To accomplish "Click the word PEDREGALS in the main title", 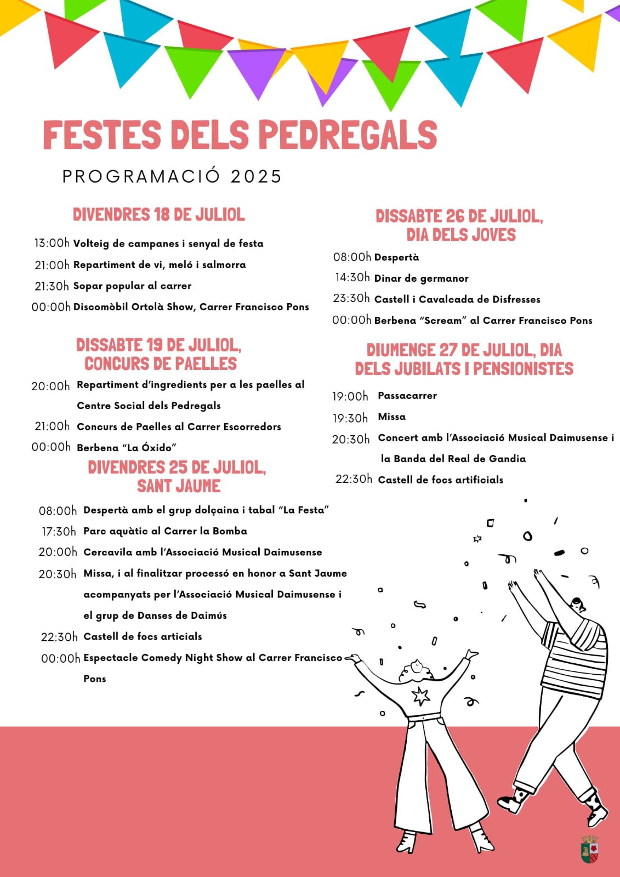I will pyautogui.click(x=347, y=135).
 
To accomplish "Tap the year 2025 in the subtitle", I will pyautogui.click(x=256, y=176).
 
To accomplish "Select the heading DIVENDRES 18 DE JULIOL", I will pyautogui.click(x=159, y=214).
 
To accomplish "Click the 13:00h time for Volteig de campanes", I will pyautogui.click(x=52, y=243).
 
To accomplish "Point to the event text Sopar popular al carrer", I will pyautogui.click(x=132, y=286).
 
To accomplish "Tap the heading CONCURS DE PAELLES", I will pyautogui.click(x=161, y=363).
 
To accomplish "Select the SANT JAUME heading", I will pyautogui.click(x=179, y=486).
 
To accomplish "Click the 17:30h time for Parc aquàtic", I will pyautogui.click(x=59, y=532).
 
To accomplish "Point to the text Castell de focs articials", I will pyautogui.click(x=143, y=636).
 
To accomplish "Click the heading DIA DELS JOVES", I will pyautogui.click(x=461, y=235).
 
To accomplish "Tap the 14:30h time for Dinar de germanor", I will pyautogui.click(x=352, y=278).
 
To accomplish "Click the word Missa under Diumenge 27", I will pyautogui.click(x=392, y=417).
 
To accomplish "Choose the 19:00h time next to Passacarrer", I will pyautogui.click(x=350, y=396).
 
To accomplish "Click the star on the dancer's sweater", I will pyautogui.click(x=420, y=696).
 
